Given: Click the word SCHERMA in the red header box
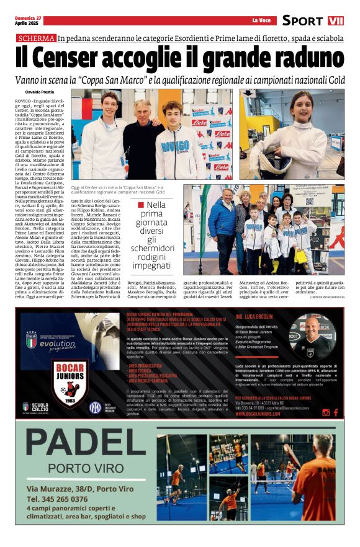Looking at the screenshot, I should click(37, 38).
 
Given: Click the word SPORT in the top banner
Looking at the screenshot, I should click(302, 20).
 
